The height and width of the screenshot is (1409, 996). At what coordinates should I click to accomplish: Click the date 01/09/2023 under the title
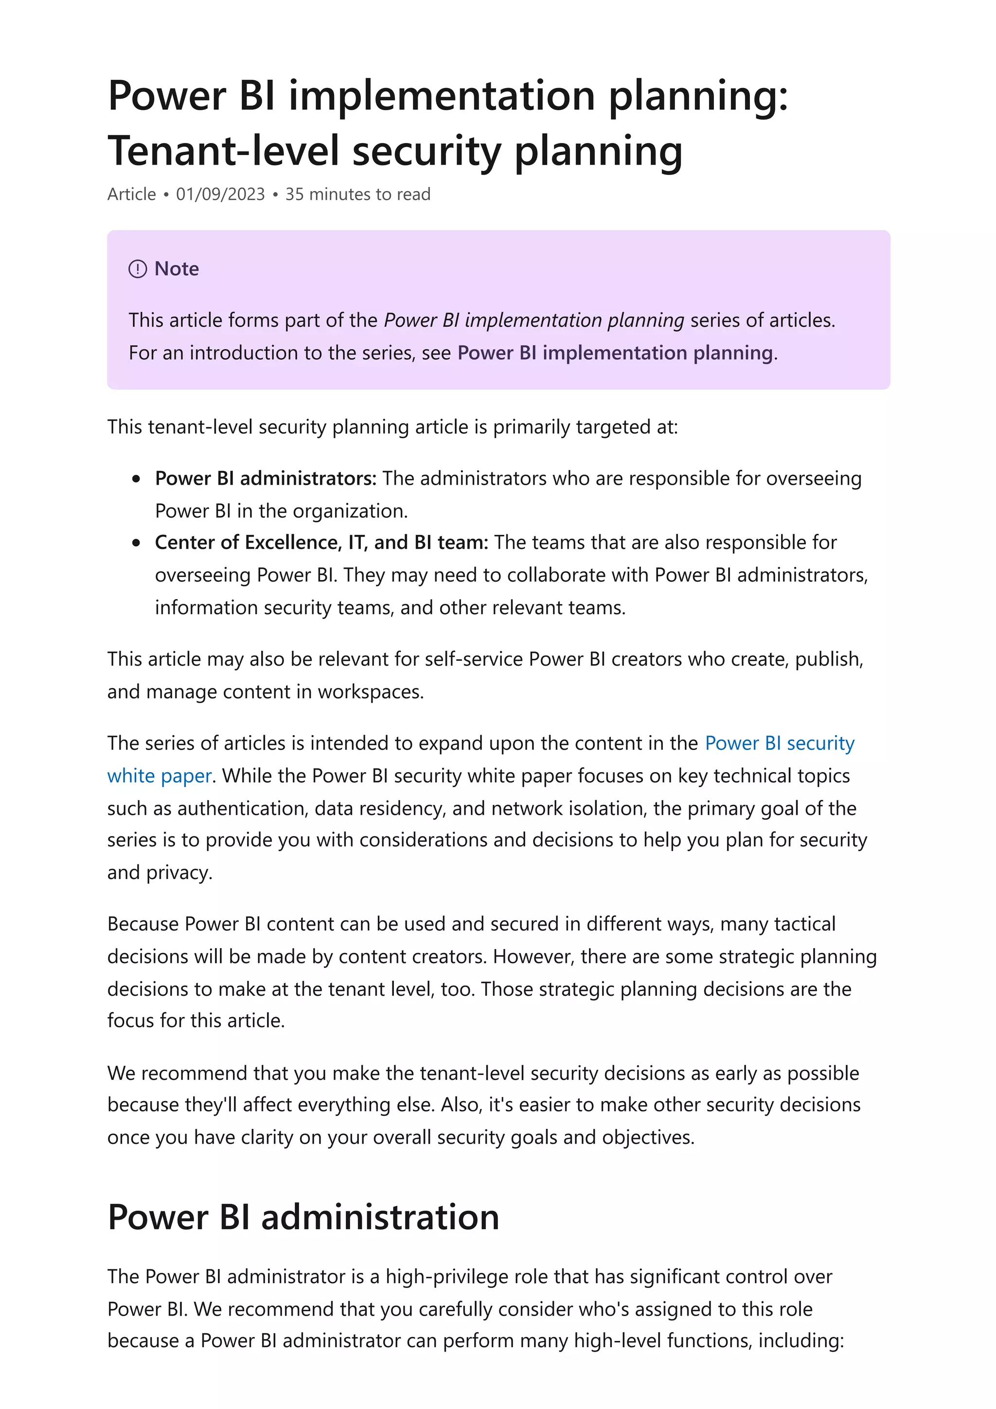click(220, 194)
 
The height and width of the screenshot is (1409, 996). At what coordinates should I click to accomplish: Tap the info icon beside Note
click(138, 269)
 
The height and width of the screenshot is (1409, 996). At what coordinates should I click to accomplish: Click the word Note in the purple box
click(177, 269)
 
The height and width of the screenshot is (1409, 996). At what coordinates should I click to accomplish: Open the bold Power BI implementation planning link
click(615, 353)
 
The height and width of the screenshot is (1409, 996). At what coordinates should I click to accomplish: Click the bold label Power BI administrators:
click(266, 478)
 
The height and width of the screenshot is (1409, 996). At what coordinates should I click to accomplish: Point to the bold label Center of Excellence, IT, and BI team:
click(321, 542)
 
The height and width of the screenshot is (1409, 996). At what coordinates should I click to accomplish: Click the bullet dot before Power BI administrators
click(136, 479)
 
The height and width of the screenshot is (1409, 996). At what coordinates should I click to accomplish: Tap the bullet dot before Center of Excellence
click(136, 543)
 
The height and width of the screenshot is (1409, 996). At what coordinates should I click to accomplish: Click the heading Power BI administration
click(303, 1217)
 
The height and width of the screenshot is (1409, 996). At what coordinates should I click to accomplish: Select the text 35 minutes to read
click(358, 194)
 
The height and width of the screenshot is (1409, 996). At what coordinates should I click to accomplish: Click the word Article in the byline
click(131, 194)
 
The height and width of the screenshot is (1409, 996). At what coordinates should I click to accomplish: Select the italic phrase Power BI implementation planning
click(534, 320)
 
